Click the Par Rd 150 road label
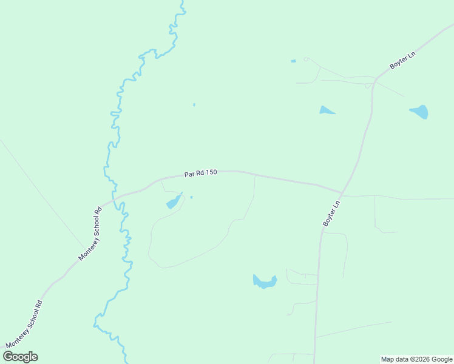(201, 173)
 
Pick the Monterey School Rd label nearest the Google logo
(24, 325)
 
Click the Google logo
(21, 357)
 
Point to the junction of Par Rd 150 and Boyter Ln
(342, 194)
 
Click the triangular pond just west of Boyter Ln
(326, 110)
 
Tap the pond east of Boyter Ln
(420, 112)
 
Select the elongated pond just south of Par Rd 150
(174, 201)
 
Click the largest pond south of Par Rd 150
(265, 281)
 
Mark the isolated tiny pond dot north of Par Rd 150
(194, 105)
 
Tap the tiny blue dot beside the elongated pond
(191, 197)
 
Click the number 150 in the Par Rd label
(211, 173)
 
